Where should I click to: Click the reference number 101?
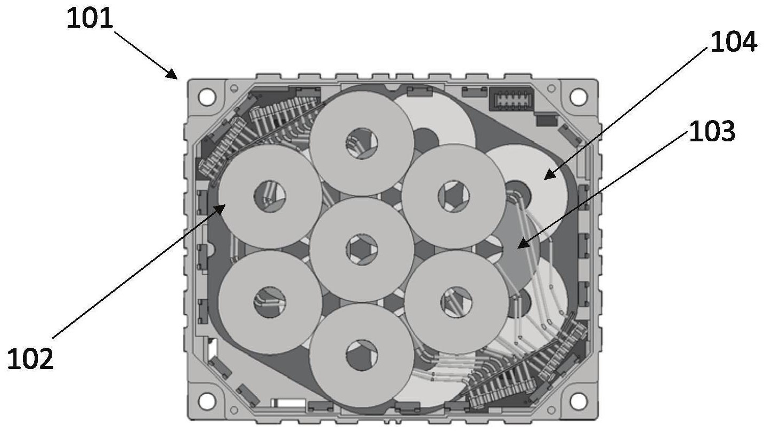point(90,19)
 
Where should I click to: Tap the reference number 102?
point(30,359)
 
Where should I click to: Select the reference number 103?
point(712,131)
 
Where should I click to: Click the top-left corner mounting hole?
point(207,97)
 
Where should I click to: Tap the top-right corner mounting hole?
point(578,97)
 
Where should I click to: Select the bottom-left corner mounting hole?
point(207,401)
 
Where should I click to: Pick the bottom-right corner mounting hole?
point(578,401)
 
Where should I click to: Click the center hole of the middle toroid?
point(362,250)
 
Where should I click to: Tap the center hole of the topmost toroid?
point(362,143)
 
